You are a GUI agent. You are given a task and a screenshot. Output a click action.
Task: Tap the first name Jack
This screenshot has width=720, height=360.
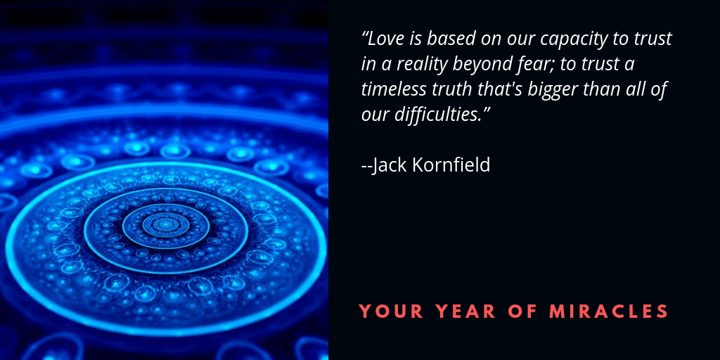390,165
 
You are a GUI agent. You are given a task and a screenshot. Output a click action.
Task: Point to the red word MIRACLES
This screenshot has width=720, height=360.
609,311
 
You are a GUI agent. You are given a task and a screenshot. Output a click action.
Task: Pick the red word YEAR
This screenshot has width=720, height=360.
465,311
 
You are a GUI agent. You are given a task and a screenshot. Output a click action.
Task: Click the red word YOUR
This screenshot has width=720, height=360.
391,311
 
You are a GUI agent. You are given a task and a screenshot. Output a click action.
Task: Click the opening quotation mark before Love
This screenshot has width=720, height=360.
365,35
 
